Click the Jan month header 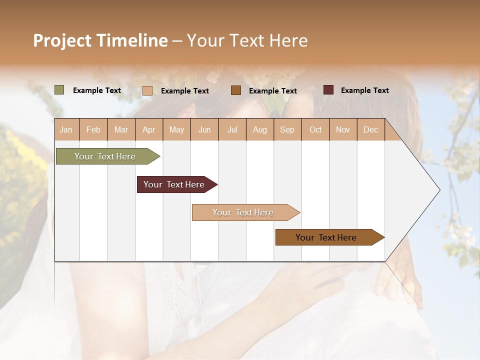pos(66,130)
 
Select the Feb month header pos(93,130)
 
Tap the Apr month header pos(149,130)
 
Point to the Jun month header pos(204,130)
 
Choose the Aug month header pos(260,130)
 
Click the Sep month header pos(287,130)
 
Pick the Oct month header pos(315,130)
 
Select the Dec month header pos(371,130)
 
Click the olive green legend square pos(59,90)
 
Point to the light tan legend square pos(147,90)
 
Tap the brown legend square pos(236,90)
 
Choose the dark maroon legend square pos(328,90)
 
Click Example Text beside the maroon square pos(364,90)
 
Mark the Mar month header pos(121,130)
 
